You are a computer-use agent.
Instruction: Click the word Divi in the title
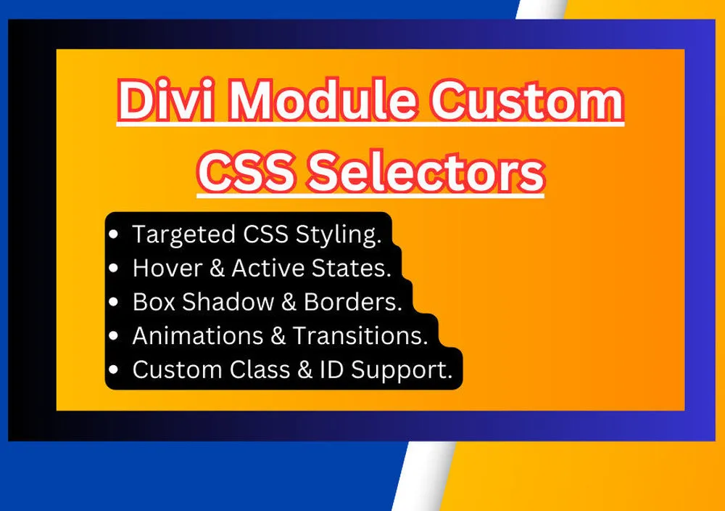167,100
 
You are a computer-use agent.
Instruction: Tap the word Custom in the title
528,100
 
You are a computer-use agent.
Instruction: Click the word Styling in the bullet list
339,234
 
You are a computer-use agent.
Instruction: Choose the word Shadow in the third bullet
228,302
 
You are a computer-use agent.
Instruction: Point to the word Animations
197,335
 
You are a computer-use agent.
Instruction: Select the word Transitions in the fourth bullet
360,335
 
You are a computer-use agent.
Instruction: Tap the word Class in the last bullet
260,369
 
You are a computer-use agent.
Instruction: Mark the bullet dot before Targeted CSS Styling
113,234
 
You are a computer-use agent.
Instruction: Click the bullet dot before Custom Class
113,369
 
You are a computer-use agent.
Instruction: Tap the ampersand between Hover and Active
216,268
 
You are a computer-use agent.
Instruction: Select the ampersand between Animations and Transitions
278,335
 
